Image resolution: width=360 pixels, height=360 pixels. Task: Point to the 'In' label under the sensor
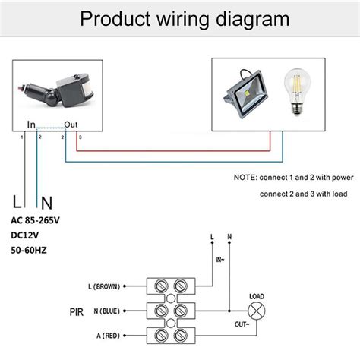pyautogui.click(x=31, y=125)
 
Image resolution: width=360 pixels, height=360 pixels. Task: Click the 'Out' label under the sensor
pyautogui.click(x=71, y=125)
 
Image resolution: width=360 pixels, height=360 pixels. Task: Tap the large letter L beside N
pyautogui.click(x=17, y=203)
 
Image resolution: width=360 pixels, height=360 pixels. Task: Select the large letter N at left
pyautogui.click(x=46, y=203)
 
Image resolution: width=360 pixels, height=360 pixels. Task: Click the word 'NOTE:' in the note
pyautogui.click(x=248, y=177)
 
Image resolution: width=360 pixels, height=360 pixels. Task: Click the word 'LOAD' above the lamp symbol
pyautogui.click(x=257, y=296)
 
